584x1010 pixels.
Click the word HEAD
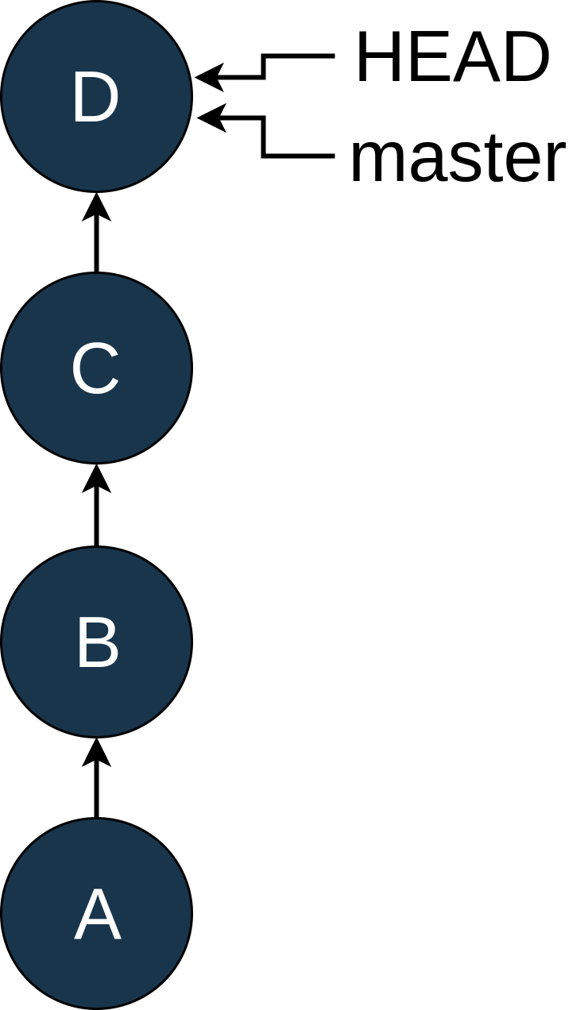tap(452, 59)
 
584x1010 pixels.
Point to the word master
tap(458, 158)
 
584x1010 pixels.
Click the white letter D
tap(95, 98)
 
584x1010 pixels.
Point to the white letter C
tap(95, 370)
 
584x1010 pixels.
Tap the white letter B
tap(97, 643)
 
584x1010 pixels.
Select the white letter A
tap(98, 916)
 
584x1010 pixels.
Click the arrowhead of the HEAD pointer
tap(208, 78)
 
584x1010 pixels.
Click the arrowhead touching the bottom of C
tap(97, 478)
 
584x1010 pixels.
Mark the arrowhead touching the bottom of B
tap(97, 751)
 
